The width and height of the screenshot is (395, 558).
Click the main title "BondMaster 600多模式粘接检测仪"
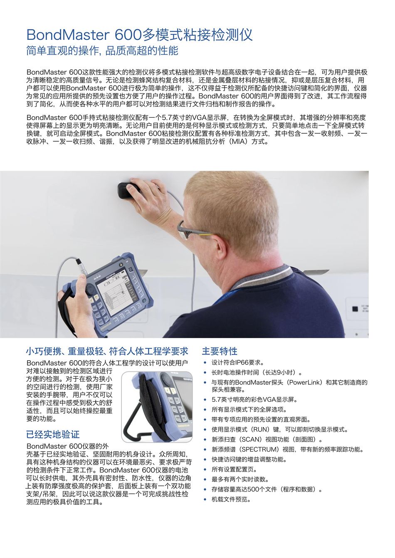coord(139,34)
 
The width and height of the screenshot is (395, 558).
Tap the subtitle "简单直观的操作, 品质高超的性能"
coord(102,51)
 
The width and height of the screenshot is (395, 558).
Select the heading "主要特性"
coord(220,351)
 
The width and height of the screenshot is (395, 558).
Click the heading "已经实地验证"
coord(53,434)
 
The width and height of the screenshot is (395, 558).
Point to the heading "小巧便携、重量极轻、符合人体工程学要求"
coord(107,351)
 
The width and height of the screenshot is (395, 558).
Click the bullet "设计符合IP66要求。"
coord(238,362)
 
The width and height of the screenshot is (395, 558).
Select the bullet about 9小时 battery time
coord(257,373)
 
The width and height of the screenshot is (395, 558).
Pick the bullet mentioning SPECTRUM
coord(288,450)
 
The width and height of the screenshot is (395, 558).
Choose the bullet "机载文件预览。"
coord(231,499)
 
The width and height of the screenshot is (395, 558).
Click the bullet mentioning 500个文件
coord(267,489)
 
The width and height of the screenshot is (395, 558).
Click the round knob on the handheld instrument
coord(90,289)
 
